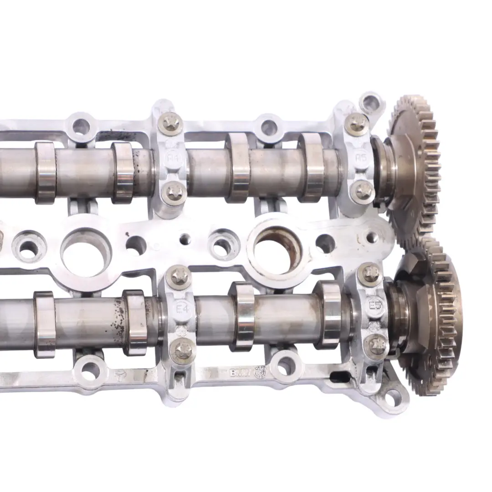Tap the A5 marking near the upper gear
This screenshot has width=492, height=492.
click(361, 158)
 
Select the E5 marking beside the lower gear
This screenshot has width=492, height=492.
click(375, 304)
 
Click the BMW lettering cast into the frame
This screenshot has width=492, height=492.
click(241, 373)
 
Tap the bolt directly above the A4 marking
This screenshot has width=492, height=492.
click(172, 122)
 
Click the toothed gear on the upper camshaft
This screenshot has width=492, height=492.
click(415, 164)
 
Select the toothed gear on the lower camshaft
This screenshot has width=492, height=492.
click(433, 314)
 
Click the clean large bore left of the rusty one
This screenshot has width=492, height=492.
click(86, 252)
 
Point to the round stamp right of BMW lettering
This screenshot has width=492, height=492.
click(260, 371)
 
